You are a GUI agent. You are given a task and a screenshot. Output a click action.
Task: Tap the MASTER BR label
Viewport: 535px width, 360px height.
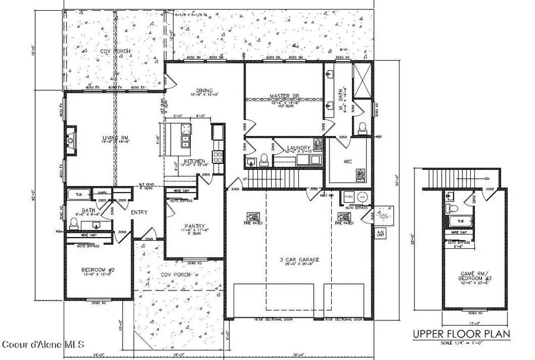tap(283, 96)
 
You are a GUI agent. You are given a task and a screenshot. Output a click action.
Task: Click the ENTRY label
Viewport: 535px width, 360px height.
tap(139, 211)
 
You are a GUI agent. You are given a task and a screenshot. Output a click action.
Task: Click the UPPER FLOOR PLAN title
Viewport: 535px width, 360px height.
tap(461, 335)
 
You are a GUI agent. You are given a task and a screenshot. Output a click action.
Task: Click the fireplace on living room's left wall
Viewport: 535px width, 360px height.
tap(71, 139)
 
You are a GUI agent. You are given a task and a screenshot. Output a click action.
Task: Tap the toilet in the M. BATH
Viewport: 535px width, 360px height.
tap(362, 127)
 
